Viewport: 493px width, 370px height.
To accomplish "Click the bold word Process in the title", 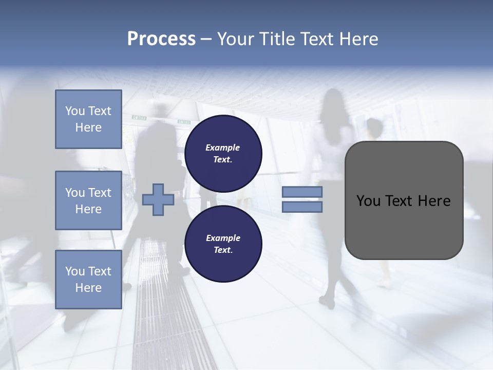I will click(x=161, y=39).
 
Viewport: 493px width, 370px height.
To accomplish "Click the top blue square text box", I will click(x=88, y=119).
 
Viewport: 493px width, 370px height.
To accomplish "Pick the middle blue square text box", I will click(x=88, y=200).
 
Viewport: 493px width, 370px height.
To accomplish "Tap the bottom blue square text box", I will click(x=88, y=279).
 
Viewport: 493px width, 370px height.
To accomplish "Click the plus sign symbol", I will click(x=158, y=199).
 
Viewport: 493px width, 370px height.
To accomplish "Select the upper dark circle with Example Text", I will click(x=223, y=153).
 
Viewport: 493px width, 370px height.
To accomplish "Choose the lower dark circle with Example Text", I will click(x=223, y=244).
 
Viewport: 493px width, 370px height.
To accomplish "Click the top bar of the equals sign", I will click(x=302, y=192).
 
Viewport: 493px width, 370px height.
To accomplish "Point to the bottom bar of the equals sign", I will click(x=302, y=207).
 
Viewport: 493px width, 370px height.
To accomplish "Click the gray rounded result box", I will click(x=404, y=200).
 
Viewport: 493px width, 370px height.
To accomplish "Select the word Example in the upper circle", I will click(x=223, y=148).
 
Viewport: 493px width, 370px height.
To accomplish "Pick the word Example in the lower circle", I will click(x=223, y=238).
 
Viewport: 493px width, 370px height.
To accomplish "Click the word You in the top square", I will click(x=74, y=111).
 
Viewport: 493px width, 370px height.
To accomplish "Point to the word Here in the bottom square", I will click(x=88, y=288).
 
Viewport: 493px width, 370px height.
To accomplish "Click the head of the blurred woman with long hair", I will click(x=332, y=99).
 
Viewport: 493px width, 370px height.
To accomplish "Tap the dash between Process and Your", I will click(x=206, y=39).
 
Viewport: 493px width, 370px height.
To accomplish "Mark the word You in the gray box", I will click(x=368, y=201).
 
